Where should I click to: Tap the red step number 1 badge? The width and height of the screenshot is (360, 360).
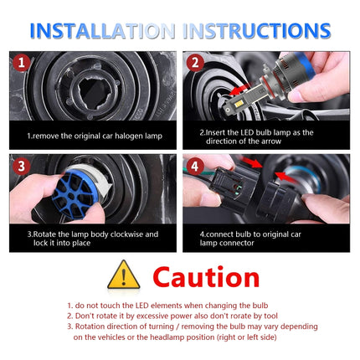(23, 64)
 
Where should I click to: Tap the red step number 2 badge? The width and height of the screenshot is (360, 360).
(196, 64)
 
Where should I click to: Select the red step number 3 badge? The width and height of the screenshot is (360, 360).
(23, 167)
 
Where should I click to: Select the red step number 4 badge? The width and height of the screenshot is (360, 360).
(196, 167)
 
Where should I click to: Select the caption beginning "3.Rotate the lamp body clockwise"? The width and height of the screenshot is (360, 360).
(90, 238)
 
